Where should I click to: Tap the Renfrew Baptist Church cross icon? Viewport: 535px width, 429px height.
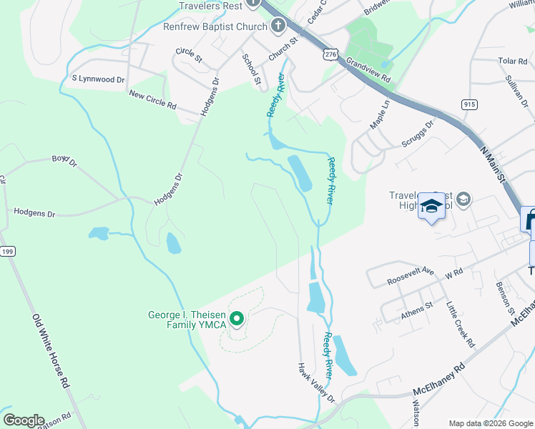pos(278,26)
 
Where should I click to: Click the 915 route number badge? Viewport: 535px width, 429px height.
pos(469,104)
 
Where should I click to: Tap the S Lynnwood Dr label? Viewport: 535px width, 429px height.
pos(98,79)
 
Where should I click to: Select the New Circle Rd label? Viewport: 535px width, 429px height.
pos(152,99)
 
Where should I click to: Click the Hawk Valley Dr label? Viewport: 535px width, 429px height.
pos(316,383)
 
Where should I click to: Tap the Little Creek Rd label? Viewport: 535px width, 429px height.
pos(461,324)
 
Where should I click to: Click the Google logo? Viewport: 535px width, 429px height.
pos(24,420)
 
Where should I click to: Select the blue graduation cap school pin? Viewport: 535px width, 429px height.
pos(431,207)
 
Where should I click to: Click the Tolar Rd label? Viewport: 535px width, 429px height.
pos(512,61)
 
